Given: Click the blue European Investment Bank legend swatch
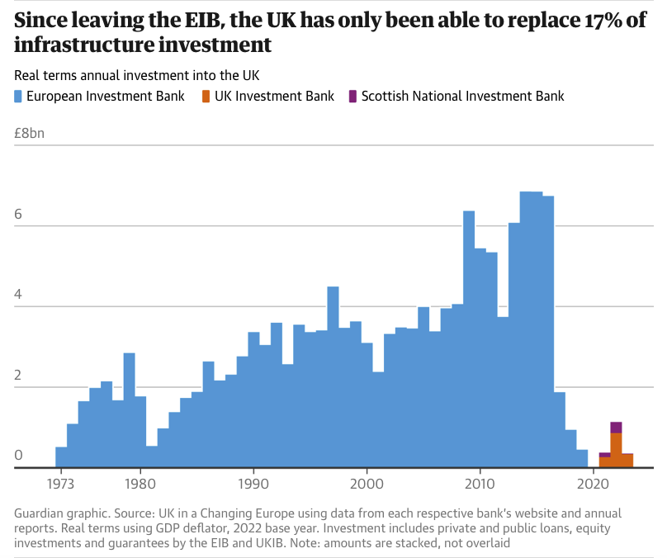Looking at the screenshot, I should point(20,96).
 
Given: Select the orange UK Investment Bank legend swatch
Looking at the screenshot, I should point(207,96).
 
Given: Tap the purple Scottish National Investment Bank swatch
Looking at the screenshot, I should point(353,96).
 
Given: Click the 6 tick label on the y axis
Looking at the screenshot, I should point(18,213).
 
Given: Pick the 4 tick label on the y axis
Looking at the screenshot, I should point(18,294).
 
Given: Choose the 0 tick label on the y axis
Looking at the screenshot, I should point(18,455).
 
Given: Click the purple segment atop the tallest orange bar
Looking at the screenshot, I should point(616,427).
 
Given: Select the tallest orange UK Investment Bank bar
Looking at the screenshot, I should point(616,450).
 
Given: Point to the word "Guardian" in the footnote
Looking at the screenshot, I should point(40,513).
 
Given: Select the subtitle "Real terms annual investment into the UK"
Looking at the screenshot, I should point(136,76).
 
